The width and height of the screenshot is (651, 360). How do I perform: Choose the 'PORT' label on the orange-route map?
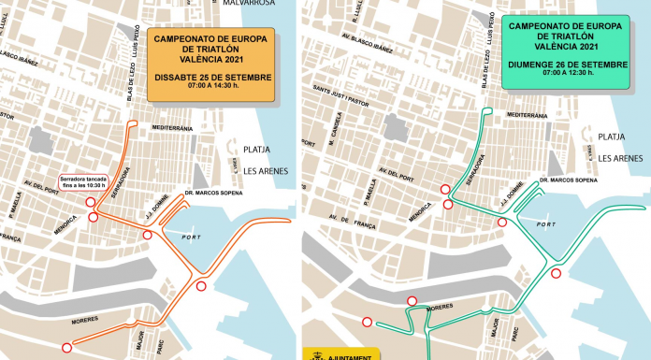(x=191, y=238)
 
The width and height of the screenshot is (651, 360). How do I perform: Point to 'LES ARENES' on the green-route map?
(x=622, y=158)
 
